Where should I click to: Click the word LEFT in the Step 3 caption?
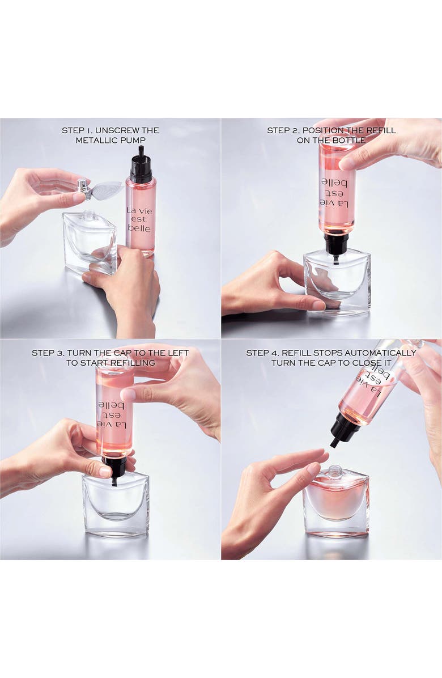(176, 353)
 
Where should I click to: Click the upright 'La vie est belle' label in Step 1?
(139, 219)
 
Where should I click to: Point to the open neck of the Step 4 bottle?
(335, 471)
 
